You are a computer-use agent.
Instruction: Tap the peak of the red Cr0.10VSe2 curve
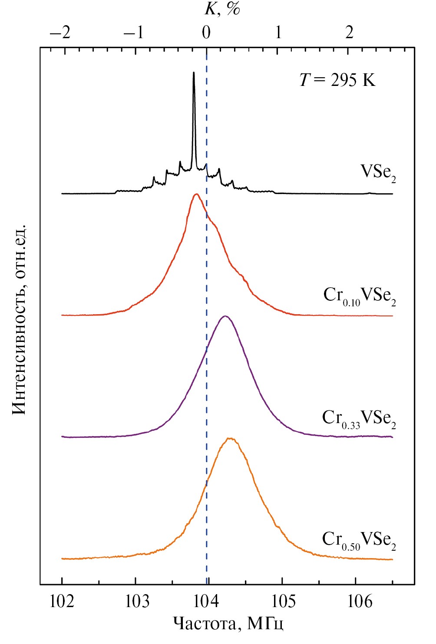click(197, 194)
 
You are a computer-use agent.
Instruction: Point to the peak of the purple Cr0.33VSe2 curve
click(225, 316)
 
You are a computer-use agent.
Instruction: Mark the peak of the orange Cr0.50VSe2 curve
click(231, 439)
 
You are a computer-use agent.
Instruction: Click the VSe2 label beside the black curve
click(378, 172)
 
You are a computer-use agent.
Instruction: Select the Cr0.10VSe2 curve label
click(360, 296)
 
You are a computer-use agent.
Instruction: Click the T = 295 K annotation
click(337, 80)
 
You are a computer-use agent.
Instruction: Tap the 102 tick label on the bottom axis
click(62, 602)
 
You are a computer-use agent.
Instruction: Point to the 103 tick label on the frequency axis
click(135, 602)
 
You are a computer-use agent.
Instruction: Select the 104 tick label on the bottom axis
click(208, 602)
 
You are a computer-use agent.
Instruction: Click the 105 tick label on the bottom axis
click(282, 602)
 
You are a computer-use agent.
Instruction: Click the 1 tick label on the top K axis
click(278, 33)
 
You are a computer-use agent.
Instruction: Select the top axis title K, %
click(222, 9)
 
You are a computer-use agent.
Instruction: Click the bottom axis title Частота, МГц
click(228, 624)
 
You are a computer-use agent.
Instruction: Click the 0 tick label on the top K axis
click(206, 33)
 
